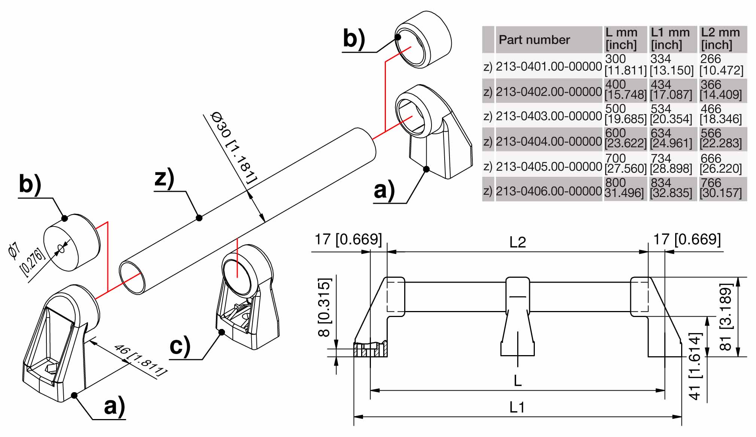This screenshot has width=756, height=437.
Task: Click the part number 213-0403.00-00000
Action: (x=548, y=116)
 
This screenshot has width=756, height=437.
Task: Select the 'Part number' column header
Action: (x=534, y=40)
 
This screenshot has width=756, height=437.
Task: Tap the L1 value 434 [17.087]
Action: (x=671, y=90)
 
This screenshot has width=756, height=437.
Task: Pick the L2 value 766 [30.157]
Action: (x=720, y=188)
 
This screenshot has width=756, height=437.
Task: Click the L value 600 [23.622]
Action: (x=625, y=138)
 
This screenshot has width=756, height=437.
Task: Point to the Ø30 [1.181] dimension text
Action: (x=234, y=147)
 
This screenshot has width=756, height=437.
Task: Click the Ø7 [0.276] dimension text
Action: (x=26, y=258)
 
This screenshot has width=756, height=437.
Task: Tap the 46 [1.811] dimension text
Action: (x=140, y=360)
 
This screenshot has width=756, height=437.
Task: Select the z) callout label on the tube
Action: (x=164, y=178)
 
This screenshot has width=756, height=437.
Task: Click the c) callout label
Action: (x=180, y=346)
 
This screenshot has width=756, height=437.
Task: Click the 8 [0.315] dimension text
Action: (x=324, y=307)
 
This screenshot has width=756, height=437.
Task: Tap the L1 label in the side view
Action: (x=517, y=407)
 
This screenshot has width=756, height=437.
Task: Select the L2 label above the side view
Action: (x=518, y=242)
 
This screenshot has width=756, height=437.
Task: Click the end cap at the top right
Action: (x=423, y=39)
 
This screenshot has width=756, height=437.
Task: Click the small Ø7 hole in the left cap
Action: (x=61, y=248)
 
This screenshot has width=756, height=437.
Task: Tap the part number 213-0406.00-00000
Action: (x=548, y=191)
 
